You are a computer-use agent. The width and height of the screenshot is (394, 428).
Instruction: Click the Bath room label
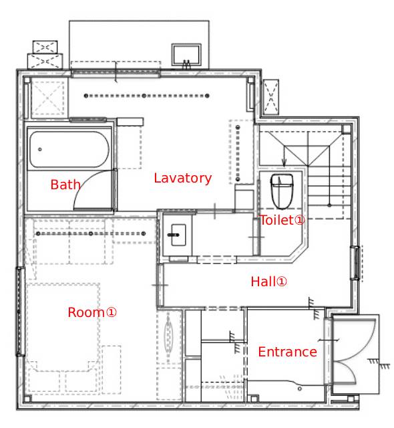coord(65,185)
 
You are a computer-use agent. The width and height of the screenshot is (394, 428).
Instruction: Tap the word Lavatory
coord(182,179)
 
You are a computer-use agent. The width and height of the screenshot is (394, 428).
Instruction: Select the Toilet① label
coord(282,220)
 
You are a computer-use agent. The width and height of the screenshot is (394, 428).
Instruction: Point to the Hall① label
coord(268,282)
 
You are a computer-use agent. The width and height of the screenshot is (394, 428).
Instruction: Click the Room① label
coord(92,312)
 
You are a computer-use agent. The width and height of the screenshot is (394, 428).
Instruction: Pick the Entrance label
coord(287,352)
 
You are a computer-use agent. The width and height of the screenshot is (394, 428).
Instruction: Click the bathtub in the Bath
coord(69,150)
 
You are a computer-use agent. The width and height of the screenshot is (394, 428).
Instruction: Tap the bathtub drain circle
coord(40,149)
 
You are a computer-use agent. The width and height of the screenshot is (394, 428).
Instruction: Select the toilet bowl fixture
coord(282,191)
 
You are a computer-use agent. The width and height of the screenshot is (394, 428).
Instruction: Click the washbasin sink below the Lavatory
coord(179,235)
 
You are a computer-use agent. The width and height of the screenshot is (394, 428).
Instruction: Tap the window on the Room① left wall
coord(20,312)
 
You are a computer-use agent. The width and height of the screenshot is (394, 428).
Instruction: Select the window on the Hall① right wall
coord(355,263)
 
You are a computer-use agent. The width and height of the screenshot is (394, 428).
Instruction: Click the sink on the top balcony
coord(186,55)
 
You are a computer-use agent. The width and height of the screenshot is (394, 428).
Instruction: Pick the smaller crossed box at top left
coord(45,47)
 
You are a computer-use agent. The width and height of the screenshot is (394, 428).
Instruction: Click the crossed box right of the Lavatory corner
coord(271,97)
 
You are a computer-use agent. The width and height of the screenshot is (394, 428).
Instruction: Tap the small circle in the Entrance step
coord(299,389)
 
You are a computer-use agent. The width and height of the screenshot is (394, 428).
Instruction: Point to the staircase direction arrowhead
coord(284,163)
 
